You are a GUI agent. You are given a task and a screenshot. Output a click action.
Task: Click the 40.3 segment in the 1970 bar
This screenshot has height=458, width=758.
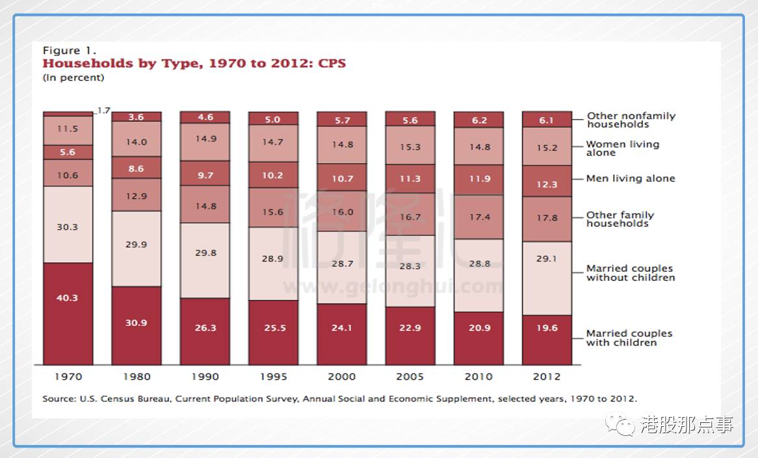click(x=68, y=298)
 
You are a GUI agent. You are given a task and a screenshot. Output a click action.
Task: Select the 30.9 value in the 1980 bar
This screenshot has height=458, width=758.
click(x=137, y=323)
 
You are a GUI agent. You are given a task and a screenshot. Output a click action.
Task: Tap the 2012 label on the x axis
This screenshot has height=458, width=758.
click(x=547, y=377)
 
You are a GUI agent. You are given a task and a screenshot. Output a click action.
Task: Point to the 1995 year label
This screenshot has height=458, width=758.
click(x=273, y=377)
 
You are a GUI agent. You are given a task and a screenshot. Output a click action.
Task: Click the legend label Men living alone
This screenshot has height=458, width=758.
click(x=630, y=178)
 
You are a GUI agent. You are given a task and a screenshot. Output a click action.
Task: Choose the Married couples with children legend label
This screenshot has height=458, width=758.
click(x=629, y=338)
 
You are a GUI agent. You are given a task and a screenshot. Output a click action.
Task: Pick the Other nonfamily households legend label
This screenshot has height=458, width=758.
click(x=631, y=120)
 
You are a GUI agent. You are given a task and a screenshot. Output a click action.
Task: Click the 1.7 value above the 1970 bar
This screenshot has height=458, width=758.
click(x=103, y=111)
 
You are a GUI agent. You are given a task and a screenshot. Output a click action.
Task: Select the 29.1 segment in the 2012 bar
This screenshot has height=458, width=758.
click(x=547, y=259)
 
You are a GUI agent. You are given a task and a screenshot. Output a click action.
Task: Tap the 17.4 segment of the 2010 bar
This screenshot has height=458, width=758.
click(x=479, y=217)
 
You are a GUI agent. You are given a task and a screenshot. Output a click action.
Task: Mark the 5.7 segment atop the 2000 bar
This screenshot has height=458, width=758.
click(x=342, y=120)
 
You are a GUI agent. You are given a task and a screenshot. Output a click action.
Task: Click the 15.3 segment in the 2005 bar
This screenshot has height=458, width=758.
click(x=410, y=147)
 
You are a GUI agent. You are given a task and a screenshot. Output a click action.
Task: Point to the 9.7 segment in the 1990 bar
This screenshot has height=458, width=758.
click(x=205, y=175)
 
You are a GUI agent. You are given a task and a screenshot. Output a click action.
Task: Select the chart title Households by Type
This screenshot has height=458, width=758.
click(x=194, y=64)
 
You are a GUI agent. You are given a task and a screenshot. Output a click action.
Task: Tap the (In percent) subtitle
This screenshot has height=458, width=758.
click(x=73, y=77)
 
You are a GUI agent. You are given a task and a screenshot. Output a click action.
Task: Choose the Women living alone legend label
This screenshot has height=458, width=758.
click(x=622, y=148)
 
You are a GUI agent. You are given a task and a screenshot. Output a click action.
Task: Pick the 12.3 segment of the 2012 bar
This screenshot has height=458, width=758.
click(x=547, y=184)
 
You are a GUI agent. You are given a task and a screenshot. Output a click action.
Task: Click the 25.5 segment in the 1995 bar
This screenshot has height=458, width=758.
click(x=274, y=328)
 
